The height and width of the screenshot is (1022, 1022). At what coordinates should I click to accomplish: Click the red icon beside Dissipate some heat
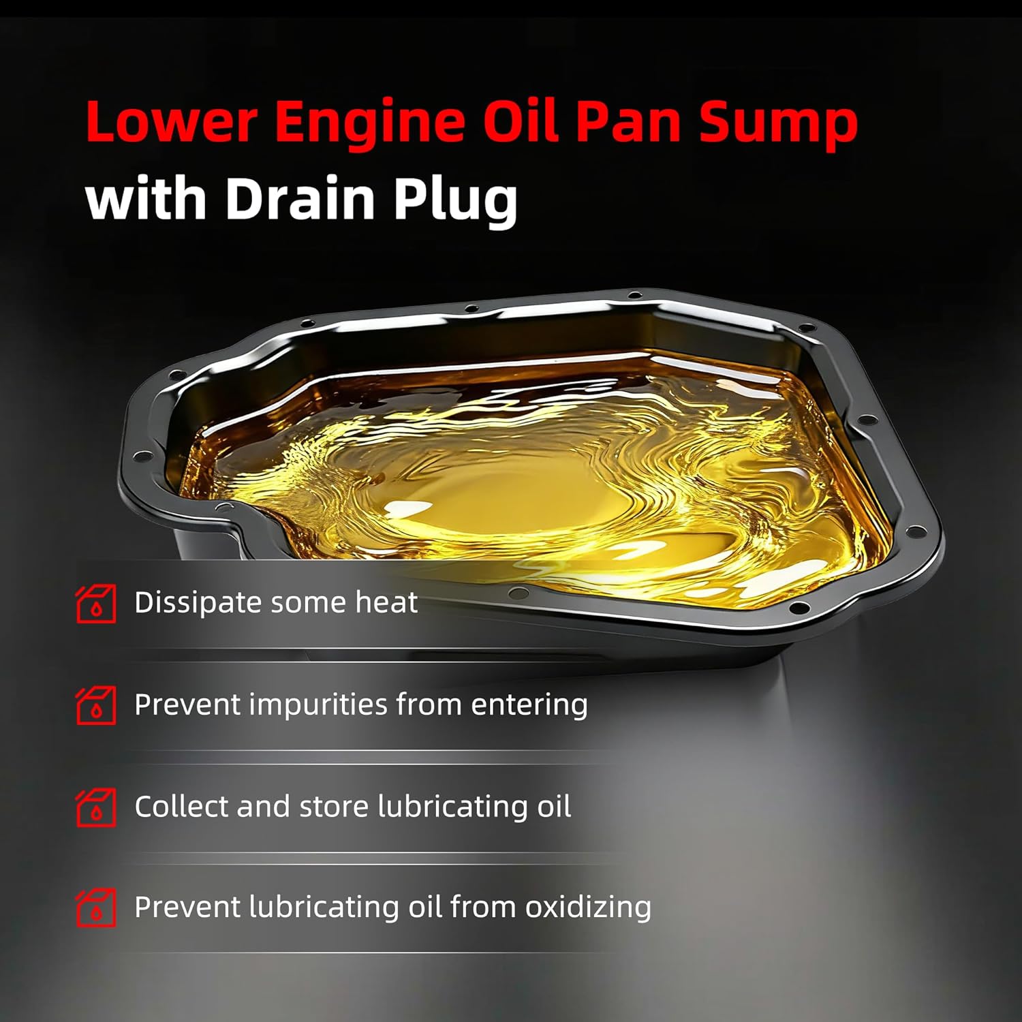point(95,604)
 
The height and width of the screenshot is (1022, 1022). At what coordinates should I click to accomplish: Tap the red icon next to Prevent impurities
point(95,705)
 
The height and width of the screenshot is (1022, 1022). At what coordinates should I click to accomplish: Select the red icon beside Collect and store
point(95,807)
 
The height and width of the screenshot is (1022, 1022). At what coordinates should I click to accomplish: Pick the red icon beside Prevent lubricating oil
point(95,908)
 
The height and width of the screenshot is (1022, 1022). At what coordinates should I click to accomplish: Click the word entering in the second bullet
point(529,704)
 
